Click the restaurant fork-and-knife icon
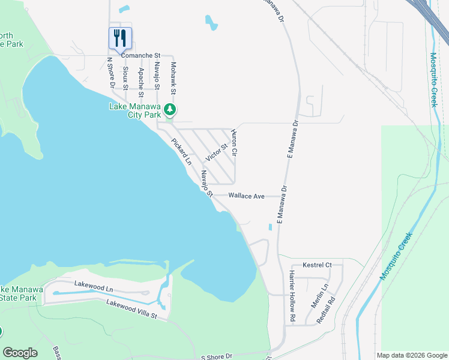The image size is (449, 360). pos(120,38)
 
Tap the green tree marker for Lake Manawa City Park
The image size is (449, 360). pos(171,109)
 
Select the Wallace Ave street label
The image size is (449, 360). pos(246,196)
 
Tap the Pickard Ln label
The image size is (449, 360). pos(181,152)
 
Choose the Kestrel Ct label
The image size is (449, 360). pos(318,265)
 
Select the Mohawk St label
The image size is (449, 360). pos(173,78)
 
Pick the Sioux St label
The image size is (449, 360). pos(125,78)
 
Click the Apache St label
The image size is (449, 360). pos(140,82)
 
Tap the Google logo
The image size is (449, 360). pos(20,353)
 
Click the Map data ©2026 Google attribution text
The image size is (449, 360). pos(411,355)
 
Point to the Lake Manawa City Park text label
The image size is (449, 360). pos(135,110)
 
